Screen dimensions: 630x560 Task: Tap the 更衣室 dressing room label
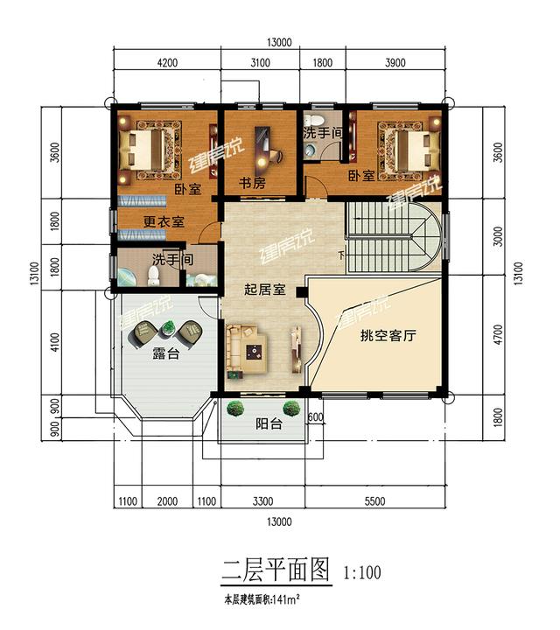[164, 222]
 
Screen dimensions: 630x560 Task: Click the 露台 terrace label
[166, 355]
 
